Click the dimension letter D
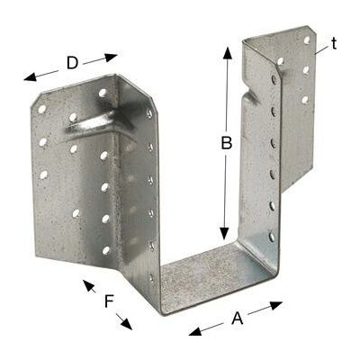(x=72, y=63)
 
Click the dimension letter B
(x=227, y=143)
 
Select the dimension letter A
(x=238, y=319)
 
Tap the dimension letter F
(x=108, y=301)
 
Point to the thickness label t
(x=334, y=44)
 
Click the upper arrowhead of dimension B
(x=228, y=54)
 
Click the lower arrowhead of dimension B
(x=224, y=233)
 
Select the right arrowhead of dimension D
(x=111, y=57)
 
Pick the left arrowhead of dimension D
(x=30, y=77)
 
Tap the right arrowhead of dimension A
(x=275, y=306)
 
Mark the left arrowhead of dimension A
(x=195, y=331)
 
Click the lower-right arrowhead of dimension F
(x=127, y=324)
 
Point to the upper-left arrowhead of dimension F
(x=88, y=285)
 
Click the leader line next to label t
(x=321, y=50)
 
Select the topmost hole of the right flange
(x=307, y=40)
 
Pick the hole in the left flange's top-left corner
(x=41, y=109)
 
